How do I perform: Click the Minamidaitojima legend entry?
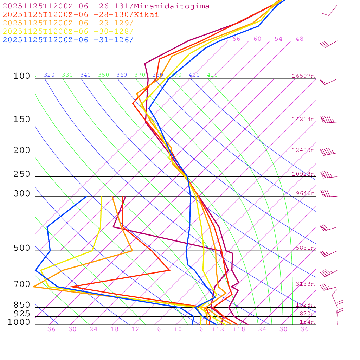(106, 6)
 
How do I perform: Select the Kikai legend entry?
(81, 15)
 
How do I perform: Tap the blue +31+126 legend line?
(68, 40)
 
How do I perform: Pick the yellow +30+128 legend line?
(68, 31)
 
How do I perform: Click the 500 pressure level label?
(22, 248)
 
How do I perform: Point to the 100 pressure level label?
(22, 76)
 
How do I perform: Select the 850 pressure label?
(22, 305)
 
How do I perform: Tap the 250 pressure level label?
(22, 174)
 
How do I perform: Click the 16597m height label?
(303, 76)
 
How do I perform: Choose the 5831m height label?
(305, 248)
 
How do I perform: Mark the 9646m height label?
(305, 193)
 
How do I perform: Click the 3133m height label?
(305, 284)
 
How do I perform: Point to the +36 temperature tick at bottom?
(302, 329)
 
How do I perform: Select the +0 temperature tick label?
(178, 329)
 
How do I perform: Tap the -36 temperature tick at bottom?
(49, 329)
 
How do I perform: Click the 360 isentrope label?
(122, 75)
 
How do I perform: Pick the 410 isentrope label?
(212, 75)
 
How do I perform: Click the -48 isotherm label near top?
(297, 39)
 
